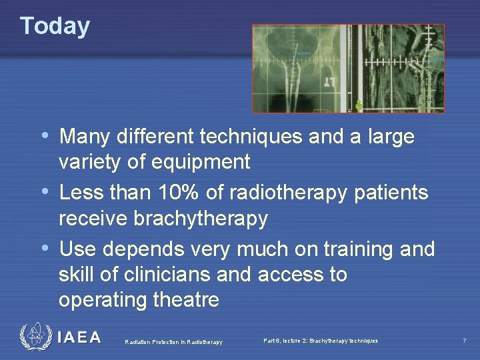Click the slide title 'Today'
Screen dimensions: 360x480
(x=55, y=25)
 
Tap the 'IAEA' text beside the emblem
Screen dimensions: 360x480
(x=79, y=338)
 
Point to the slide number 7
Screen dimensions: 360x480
(x=464, y=341)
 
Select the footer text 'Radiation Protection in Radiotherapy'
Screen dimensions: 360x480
(x=173, y=342)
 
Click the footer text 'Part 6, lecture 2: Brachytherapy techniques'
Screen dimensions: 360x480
(x=321, y=341)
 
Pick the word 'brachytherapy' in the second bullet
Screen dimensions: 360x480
(x=201, y=218)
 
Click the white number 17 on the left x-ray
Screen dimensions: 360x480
(x=329, y=83)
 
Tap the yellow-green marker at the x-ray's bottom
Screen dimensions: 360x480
(x=359, y=105)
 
